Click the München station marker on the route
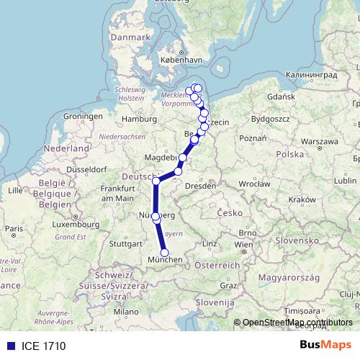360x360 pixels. (165, 253)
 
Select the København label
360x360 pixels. (178, 60)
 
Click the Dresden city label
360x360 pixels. (202, 186)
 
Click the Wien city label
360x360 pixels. (244, 244)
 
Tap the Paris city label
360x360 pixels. (13, 228)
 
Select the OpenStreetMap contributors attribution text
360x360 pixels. (297, 323)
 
